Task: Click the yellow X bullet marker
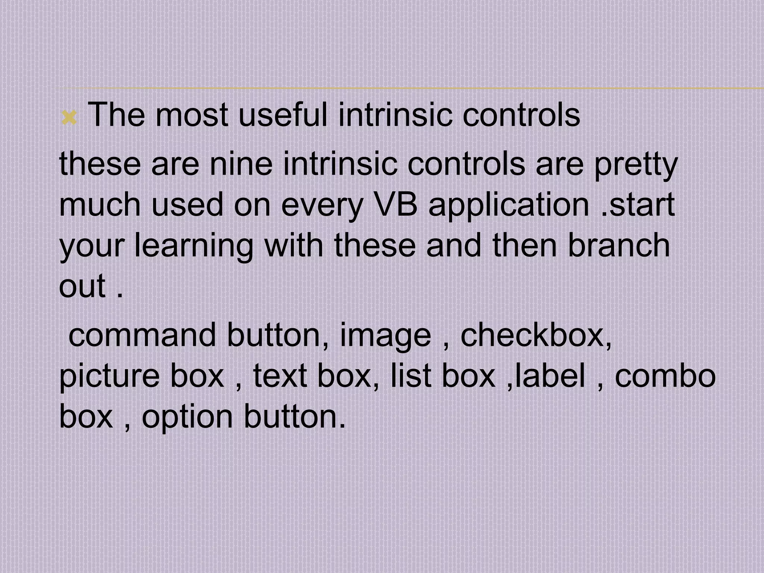(69, 119)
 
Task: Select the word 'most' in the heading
(191, 116)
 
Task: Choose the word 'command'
(143, 335)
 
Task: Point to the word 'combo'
(665, 376)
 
